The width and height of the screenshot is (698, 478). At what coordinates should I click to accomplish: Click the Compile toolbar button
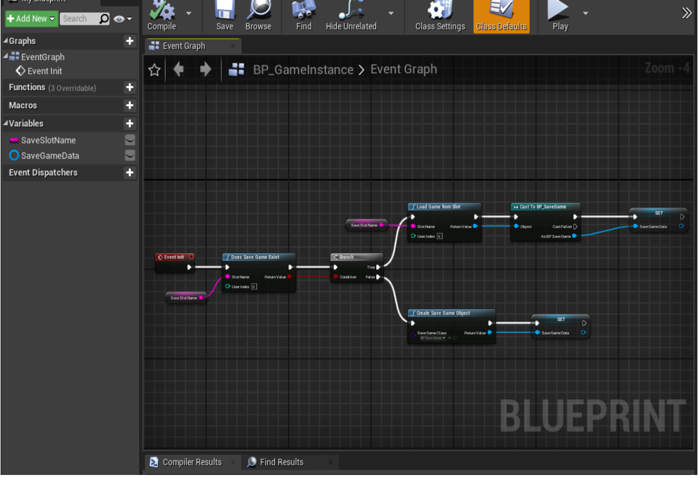(161, 16)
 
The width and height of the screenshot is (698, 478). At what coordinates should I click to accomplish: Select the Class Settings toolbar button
(440, 16)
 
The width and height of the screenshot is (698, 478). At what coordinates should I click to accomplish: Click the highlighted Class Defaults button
(501, 16)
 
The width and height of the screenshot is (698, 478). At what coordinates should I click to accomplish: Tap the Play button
(559, 16)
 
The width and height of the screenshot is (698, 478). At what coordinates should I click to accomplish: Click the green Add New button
(31, 19)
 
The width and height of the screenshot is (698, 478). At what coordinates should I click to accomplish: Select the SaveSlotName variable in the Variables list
(48, 140)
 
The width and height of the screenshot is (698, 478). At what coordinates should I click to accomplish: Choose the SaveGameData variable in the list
(50, 156)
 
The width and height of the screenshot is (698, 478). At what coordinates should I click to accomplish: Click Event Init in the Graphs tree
(44, 71)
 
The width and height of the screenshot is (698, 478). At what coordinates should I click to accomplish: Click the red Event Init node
(174, 257)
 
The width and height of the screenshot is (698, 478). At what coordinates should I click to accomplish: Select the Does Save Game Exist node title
(258, 257)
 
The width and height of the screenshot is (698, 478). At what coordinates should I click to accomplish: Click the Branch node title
(356, 257)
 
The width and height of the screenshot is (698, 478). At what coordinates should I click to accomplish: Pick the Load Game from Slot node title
(444, 207)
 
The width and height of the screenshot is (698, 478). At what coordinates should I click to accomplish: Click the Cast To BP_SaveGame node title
(545, 207)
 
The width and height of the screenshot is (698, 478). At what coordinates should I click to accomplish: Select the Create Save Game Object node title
(451, 313)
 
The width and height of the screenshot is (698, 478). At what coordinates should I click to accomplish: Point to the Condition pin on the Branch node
(336, 277)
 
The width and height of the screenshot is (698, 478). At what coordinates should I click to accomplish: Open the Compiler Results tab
(192, 462)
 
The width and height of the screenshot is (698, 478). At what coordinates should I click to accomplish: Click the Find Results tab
(281, 462)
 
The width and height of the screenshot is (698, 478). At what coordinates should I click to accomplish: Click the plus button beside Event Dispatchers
(129, 172)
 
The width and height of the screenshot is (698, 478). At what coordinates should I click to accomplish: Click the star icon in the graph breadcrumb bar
(154, 70)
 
